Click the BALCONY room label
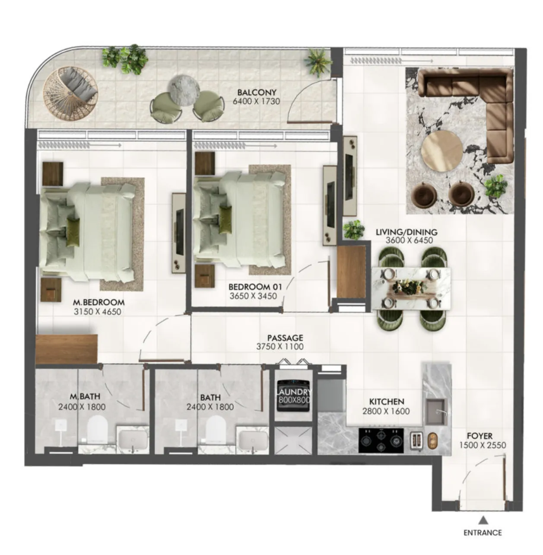[257, 92]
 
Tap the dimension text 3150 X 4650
[98, 311]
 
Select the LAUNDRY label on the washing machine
[294, 392]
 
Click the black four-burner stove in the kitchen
[381, 440]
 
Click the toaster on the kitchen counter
[416, 440]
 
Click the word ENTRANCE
[483, 533]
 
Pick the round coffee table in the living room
[442, 150]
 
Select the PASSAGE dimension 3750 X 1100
[279, 347]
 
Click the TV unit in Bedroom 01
[330, 204]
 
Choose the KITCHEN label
[386, 402]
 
